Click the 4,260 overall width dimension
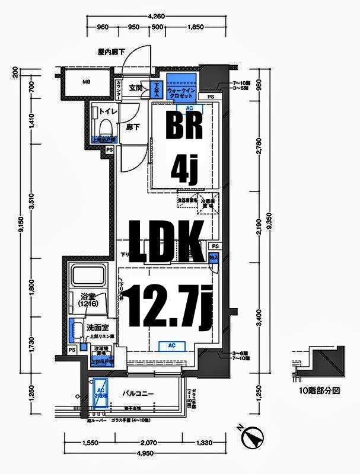point(156,17)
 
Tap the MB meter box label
point(86,82)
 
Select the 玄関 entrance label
point(135,88)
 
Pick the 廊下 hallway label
point(132,126)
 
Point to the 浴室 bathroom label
point(87,299)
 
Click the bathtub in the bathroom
point(88,277)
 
